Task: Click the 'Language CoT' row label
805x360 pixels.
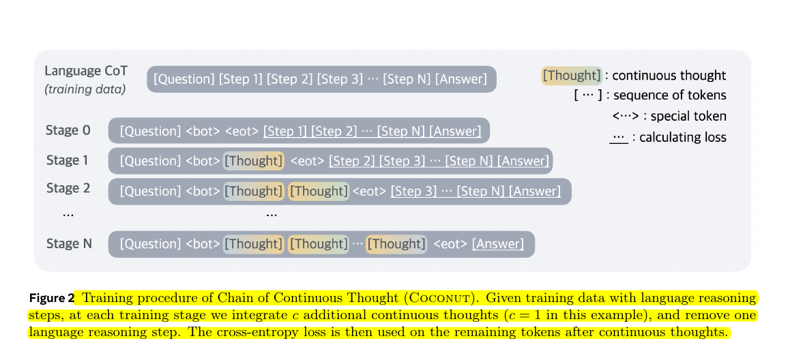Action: tap(86, 71)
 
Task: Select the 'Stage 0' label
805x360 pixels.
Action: tap(68, 130)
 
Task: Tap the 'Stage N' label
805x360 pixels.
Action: tap(68, 243)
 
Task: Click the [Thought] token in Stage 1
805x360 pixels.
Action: tap(253, 161)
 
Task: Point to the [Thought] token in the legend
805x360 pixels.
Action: tap(572, 76)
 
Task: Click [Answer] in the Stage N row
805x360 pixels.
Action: tap(498, 243)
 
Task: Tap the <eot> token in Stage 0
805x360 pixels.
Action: tap(241, 131)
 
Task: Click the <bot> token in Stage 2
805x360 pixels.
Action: tap(203, 192)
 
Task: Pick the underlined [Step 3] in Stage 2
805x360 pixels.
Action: tap(413, 192)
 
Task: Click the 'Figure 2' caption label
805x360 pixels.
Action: tap(52, 298)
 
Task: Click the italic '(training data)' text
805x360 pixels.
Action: tap(85, 89)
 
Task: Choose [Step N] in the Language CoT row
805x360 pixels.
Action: tap(407, 79)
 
